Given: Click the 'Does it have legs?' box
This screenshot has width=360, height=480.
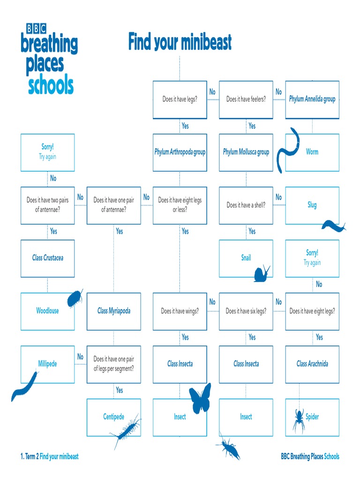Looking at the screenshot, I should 180,99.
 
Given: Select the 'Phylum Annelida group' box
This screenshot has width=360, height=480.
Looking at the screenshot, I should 312,99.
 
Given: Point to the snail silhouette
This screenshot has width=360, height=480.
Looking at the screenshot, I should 262,274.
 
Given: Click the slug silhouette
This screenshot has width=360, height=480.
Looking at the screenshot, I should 333,226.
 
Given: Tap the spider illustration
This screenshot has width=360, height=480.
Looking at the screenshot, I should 298,419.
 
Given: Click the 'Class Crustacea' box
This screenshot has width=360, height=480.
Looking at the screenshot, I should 47,258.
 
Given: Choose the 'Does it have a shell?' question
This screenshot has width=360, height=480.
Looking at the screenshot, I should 246,205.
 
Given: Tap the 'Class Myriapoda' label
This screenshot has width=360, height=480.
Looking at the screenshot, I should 113,311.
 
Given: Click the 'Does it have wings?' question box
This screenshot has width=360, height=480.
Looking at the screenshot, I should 180,311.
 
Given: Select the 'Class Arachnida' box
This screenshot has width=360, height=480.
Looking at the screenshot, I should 312,364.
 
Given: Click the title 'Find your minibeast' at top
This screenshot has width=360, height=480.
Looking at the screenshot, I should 180,43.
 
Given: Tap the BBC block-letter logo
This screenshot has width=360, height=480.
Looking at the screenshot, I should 36,29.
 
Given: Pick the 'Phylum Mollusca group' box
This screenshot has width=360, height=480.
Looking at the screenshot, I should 246,152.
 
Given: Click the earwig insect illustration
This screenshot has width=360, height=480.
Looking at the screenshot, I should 229,447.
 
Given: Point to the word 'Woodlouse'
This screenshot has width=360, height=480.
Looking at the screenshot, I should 47,311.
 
